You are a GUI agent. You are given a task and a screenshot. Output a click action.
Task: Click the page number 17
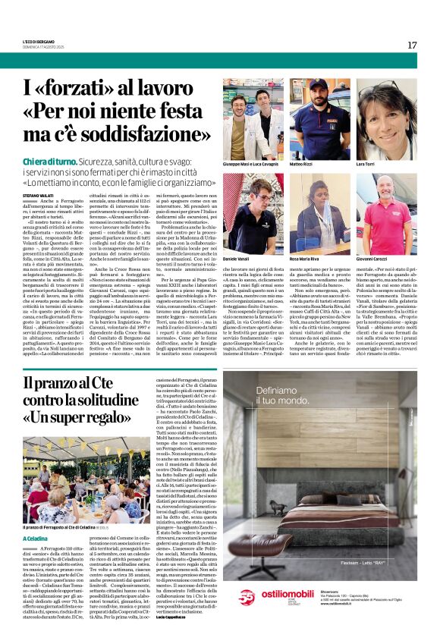412,45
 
